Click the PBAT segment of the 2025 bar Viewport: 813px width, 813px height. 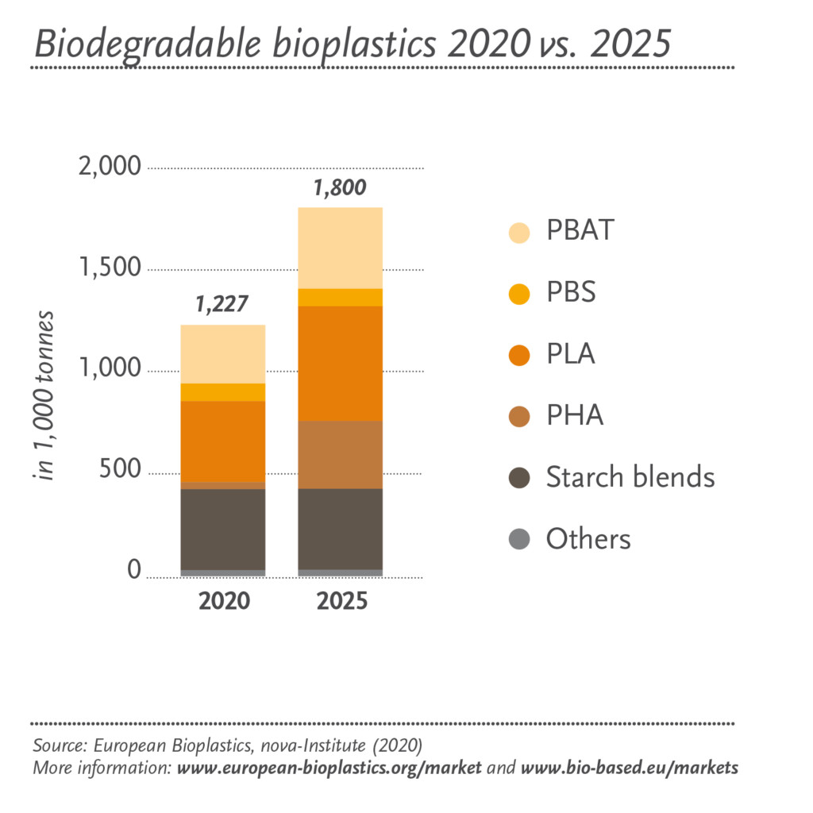(x=340, y=248)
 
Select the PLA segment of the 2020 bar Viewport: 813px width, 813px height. (x=223, y=441)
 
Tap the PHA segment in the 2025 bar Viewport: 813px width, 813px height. (x=340, y=454)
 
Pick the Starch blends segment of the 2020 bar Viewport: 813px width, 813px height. (x=223, y=529)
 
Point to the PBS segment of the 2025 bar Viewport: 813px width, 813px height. (x=340, y=297)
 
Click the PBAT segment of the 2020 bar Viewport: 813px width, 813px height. (x=223, y=354)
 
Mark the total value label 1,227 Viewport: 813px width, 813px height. (x=222, y=304)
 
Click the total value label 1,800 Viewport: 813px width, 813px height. (x=339, y=188)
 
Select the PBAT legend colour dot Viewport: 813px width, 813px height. (x=519, y=232)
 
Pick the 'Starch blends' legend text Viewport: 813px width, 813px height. (x=630, y=477)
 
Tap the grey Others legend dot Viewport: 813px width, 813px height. (x=519, y=539)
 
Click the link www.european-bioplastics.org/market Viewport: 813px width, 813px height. (x=329, y=769)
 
